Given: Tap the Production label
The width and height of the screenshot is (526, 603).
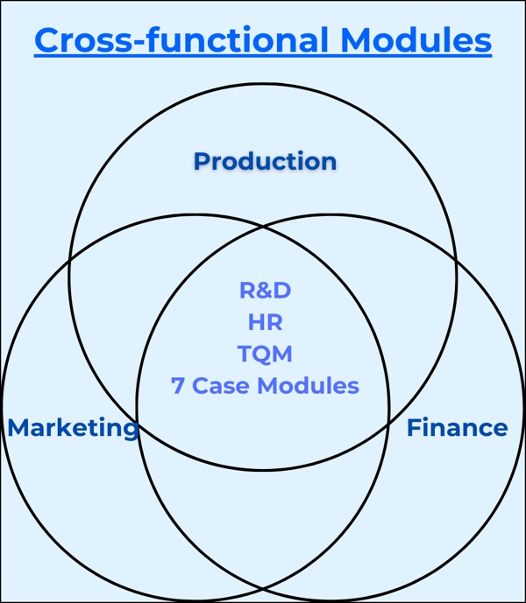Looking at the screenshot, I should pyautogui.click(x=265, y=161).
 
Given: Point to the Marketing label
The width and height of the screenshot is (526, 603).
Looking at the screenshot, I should pyautogui.click(x=73, y=428).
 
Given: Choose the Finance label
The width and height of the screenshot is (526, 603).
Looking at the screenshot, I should pyautogui.click(x=457, y=428).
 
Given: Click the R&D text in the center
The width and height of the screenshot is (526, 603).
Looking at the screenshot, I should pyautogui.click(x=265, y=291).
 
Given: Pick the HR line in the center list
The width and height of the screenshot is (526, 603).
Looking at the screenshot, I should pyautogui.click(x=265, y=322).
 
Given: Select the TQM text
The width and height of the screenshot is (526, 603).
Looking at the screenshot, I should pyautogui.click(x=265, y=354).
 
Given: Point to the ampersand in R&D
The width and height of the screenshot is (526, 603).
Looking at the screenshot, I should pyautogui.click(x=265, y=291).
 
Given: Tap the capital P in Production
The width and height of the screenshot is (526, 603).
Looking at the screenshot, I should pyautogui.click(x=201, y=161).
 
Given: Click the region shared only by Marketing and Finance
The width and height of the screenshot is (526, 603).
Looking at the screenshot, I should pyautogui.click(x=263, y=525).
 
